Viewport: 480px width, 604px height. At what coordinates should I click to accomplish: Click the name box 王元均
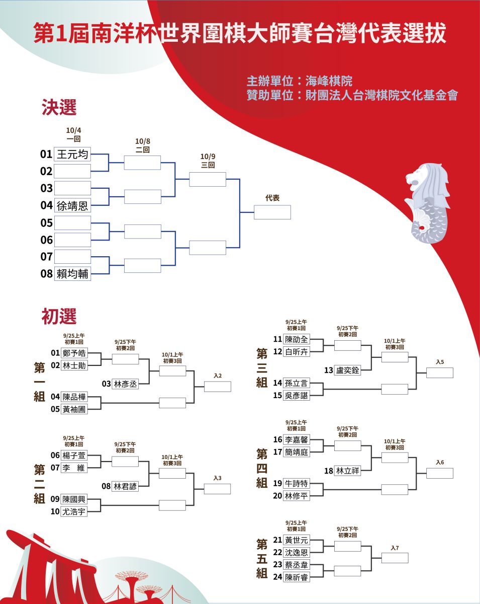(72, 154)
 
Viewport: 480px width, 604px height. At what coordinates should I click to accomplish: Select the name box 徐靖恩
(72, 205)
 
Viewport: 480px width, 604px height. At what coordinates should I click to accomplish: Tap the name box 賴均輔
(72, 273)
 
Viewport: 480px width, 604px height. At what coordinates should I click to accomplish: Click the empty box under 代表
(272, 212)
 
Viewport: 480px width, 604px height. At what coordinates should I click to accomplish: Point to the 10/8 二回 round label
(142, 145)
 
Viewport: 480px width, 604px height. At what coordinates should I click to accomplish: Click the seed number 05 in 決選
(47, 223)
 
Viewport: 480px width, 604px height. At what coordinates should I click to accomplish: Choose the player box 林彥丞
(125, 384)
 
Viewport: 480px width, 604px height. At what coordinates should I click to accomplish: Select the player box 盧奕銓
(347, 370)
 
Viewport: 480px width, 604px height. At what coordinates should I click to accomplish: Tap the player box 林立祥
(347, 471)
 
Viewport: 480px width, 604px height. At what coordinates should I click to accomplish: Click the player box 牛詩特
(297, 483)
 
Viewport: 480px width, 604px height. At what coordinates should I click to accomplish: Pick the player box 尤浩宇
(74, 511)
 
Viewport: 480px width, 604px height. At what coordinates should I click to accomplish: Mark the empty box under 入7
(395, 558)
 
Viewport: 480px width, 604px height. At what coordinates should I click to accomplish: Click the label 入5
(440, 362)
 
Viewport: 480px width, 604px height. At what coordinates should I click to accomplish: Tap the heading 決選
(59, 107)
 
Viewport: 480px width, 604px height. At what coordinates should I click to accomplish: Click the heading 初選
(59, 316)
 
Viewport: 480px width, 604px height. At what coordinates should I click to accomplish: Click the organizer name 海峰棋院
(329, 81)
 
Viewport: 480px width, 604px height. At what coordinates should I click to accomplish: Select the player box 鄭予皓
(74, 353)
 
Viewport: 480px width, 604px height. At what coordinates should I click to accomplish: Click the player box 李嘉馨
(297, 439)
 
